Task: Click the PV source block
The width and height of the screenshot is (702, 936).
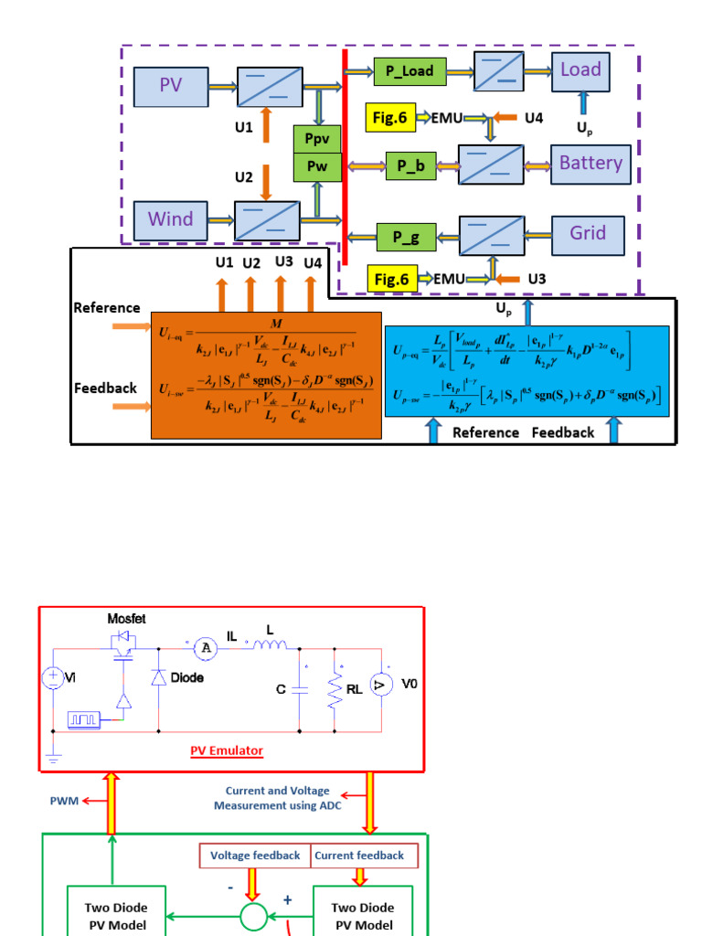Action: click(x=171, y=87)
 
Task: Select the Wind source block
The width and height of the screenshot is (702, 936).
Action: click(x=171, y=219)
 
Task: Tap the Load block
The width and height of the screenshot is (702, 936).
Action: click(x=580, y=70)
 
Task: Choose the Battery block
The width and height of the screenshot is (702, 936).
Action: click(x=590, y=164)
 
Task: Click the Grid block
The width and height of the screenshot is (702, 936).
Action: click(x=588, y=234)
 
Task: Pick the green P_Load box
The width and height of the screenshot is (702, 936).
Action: click(x=409, y=70)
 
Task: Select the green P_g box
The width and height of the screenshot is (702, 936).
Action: click(x=406, y=238)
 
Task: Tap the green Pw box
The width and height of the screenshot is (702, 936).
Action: click(x=316, y=167)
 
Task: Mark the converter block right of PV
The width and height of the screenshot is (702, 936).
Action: click(x=265, y=87)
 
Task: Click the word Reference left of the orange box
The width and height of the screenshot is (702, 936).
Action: click(x=107, y=308)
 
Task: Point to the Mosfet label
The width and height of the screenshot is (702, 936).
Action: click(x=126, y=618)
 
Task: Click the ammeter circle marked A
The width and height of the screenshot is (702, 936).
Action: click(x=207, y=648)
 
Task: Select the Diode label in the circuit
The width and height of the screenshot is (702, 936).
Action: click(x=186, y=678)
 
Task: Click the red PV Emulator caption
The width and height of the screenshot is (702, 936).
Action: click(x=226, y=750)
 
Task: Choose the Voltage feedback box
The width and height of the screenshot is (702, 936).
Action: click(x=255, y=856)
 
